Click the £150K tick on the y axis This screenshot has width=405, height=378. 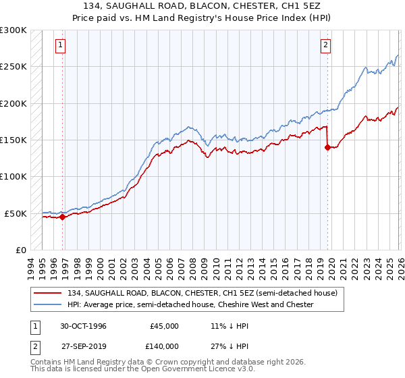click(x=13, y=140)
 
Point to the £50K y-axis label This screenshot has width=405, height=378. click(x=16, y=213)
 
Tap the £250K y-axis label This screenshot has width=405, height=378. click(x=13, y=67)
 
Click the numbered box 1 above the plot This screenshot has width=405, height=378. click(x=61, y=45)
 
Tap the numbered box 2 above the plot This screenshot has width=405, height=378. click(x=325, y=45)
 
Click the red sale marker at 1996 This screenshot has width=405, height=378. click(x=63, y=217)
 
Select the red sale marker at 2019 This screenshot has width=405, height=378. click(x=327, y=148)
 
